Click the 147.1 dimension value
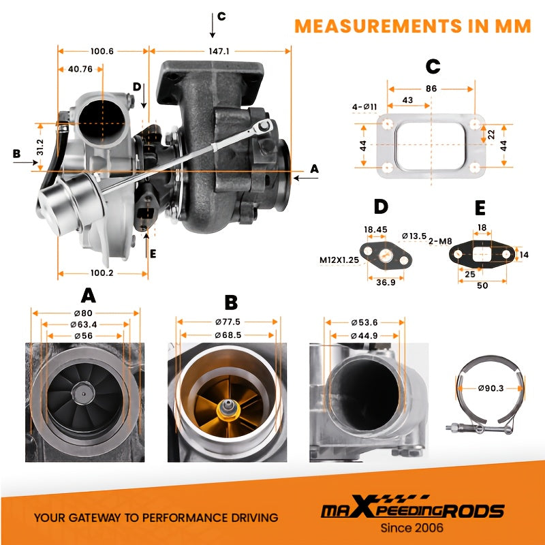pos(219,52)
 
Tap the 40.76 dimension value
pos(80,69)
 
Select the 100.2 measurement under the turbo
pos(102,273)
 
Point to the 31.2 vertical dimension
pos(40,147)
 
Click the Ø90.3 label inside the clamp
pos(490,388)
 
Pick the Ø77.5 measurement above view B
pos(228,322)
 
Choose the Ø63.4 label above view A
pos(83,325)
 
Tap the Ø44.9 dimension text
pos(364,336)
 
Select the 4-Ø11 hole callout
pos(364,107)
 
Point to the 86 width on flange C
pos(431,89)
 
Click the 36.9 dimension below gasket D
pos(386,282)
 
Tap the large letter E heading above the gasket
pos(480,208)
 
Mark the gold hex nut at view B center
pos(228,409)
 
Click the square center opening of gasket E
pos(482,254)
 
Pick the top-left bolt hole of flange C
pos(387,124)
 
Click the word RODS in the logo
pos(474,511)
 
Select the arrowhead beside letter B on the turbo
pos(35,162)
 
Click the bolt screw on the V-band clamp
pos(456,426)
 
